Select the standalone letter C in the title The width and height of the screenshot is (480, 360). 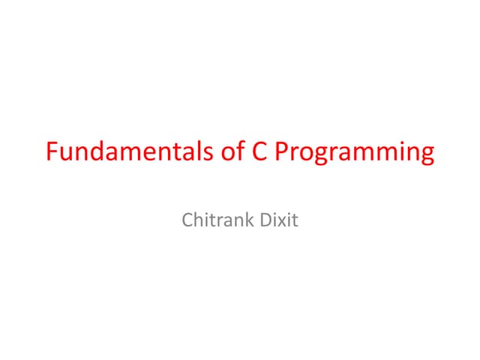click(x=256, y=151)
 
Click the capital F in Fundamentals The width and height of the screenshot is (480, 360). click(x=52, y=151)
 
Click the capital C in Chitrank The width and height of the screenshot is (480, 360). click(x=187, y=221)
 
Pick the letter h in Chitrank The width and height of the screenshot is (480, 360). click(x=199, y=221)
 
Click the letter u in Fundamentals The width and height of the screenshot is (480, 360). click(x=66, y=153)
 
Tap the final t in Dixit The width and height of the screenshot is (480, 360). click(x=295, y=222)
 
